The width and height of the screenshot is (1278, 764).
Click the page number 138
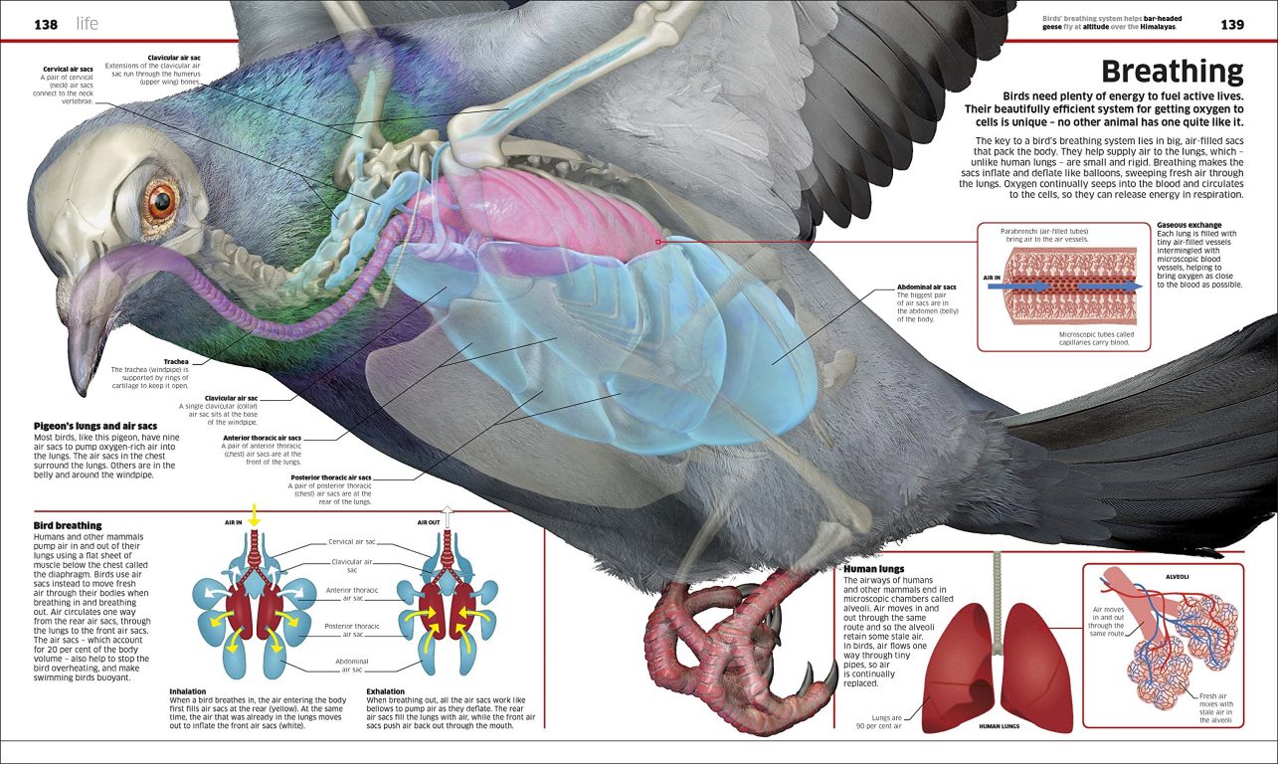[x=46, y=23]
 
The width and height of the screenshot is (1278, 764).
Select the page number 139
[x=1232, y=24]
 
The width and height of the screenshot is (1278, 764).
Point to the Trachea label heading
[x=175, y=362]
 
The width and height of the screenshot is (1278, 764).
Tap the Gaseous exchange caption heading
[x=1189, y=225]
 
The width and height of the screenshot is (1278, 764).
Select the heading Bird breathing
[x=68, y=525]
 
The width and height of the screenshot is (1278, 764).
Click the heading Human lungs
[x=873, y=569]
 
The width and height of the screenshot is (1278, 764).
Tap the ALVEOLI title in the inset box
[x=1176, y=576]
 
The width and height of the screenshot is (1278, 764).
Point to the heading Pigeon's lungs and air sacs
[x=95, y=426]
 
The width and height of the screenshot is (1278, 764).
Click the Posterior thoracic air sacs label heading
[x=331, y=477]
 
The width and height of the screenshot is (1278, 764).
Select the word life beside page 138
[x=89, y=23]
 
